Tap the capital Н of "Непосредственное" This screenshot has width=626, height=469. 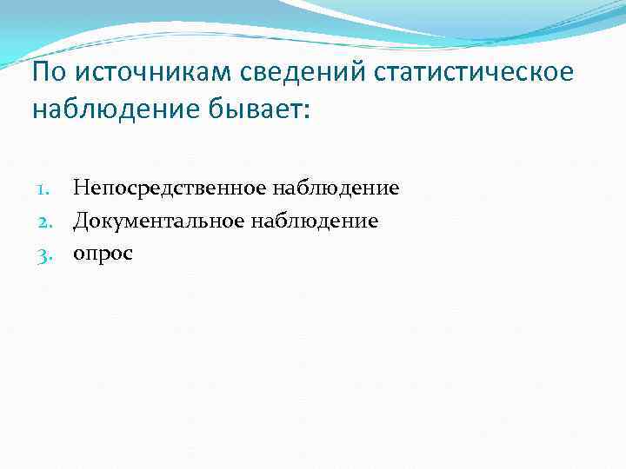point(80,188)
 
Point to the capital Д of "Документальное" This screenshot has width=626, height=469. point(80,221)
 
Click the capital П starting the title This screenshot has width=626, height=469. point(40,72)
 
